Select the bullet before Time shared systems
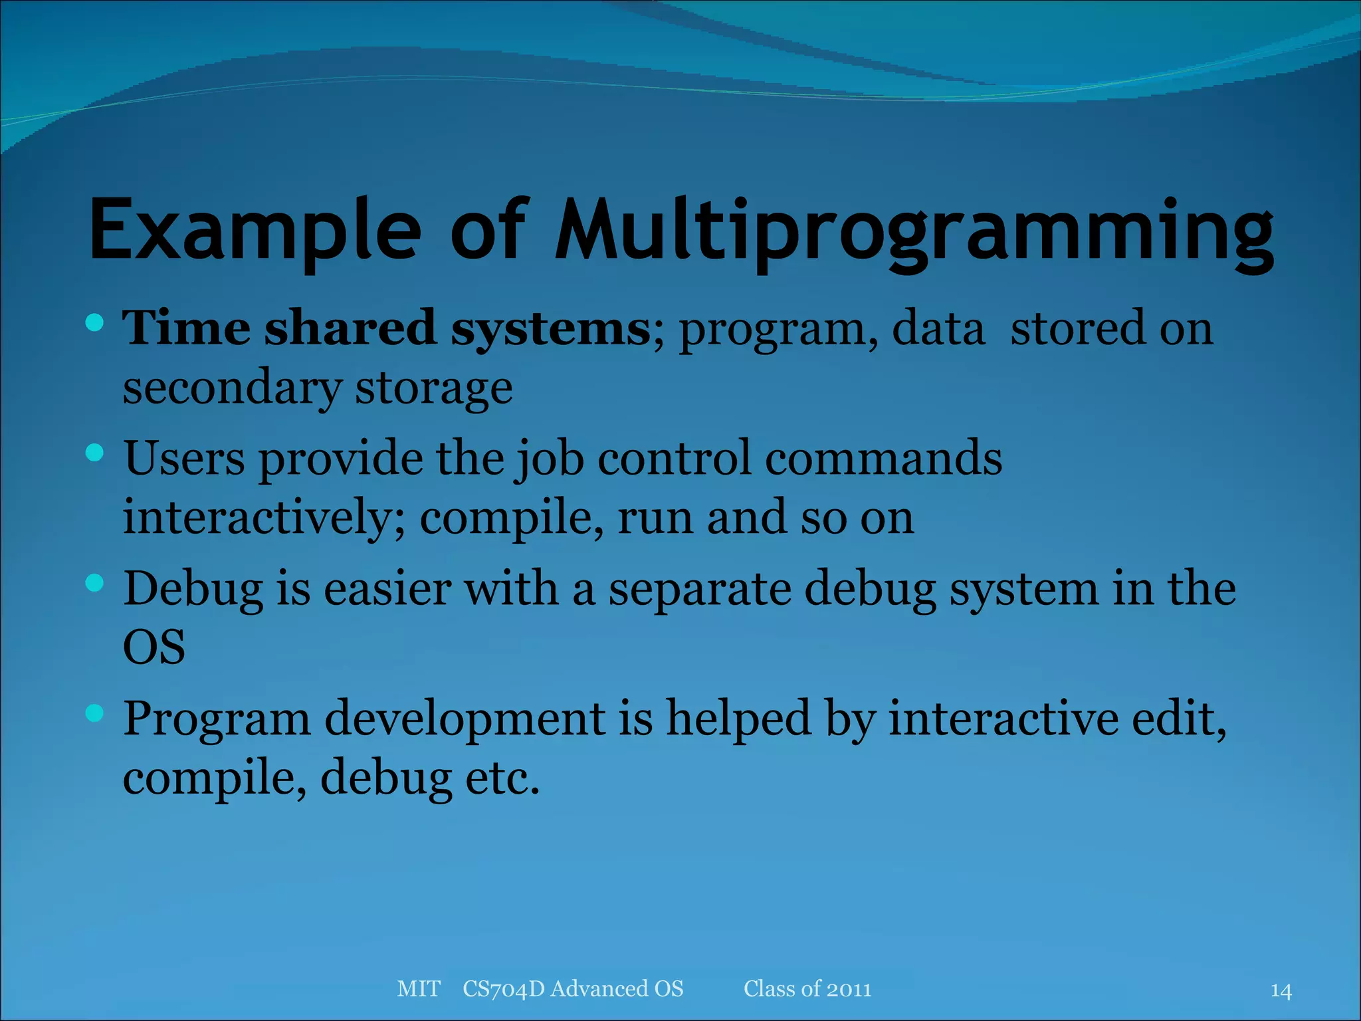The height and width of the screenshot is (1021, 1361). tap(95, 324)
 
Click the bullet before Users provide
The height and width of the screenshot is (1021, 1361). tap(95, 453)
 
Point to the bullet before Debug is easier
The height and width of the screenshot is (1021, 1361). tap(95, 584)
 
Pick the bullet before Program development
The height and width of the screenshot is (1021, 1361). tap(95, 713)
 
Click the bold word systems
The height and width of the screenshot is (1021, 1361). tap(550, 328)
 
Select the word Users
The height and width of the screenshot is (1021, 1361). tap(184, 458)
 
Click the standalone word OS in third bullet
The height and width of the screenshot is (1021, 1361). tap(154, 647)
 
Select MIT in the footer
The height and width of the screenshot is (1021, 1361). tap(418, 989)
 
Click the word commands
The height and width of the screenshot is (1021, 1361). tap(883, 458)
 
